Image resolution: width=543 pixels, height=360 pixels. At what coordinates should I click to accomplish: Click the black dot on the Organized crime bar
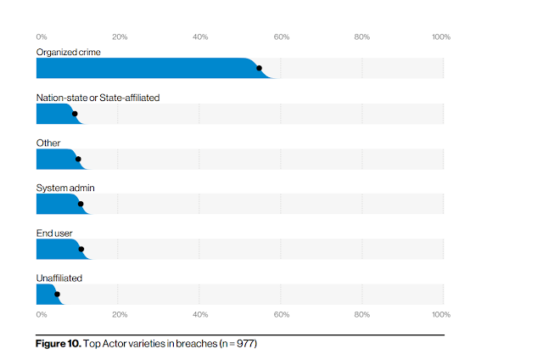[259, 68]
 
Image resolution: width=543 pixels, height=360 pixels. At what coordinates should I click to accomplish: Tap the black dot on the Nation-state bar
[75, 114]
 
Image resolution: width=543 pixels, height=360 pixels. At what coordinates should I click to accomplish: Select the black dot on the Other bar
[78, 159]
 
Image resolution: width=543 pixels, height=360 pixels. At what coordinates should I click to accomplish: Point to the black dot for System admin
[81, 204]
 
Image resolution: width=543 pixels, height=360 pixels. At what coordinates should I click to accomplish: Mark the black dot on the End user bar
[81, 249]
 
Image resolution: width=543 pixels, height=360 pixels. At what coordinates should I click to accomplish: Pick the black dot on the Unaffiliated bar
[57, 294]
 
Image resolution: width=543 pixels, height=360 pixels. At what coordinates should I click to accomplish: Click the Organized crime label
[69, 53]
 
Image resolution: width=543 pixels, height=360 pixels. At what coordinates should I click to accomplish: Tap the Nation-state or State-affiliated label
[98, 98]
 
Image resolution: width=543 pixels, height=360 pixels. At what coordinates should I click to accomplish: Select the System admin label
[65, 188]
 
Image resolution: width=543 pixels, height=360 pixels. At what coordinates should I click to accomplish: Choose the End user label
[54, 233]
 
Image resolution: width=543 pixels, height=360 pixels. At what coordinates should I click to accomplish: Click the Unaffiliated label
[59, 278]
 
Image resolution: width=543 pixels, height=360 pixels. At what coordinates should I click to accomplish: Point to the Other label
[48, 143]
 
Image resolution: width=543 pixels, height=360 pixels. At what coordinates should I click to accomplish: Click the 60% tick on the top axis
[282, 37]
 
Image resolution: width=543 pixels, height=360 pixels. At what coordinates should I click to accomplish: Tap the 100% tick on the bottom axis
[441, 315]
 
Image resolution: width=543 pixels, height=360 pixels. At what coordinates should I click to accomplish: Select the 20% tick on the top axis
[120, 37]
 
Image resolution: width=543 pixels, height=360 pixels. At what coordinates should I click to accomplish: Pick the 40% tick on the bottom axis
[200, 315]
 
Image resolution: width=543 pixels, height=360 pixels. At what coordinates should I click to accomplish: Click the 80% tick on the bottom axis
[362, 315]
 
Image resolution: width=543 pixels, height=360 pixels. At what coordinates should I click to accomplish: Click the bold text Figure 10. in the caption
[59, 344]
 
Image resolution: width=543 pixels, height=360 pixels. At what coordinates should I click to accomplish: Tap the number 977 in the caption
[245, 344]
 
